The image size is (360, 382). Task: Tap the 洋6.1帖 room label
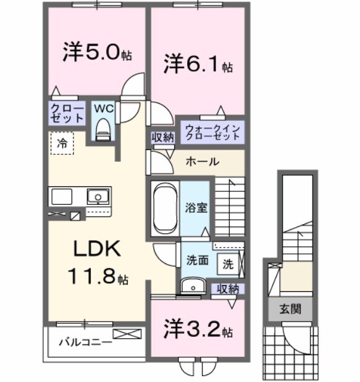click(198, 64)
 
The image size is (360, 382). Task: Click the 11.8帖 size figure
click(99, 276)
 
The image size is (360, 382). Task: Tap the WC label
click(103, 109)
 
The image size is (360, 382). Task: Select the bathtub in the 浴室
click(165, 207)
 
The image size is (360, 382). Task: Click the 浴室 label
click(197, 207)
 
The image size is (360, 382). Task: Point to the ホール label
click(202, 162)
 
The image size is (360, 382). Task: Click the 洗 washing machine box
click(228, 264)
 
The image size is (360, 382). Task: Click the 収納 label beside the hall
click(163, 137)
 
